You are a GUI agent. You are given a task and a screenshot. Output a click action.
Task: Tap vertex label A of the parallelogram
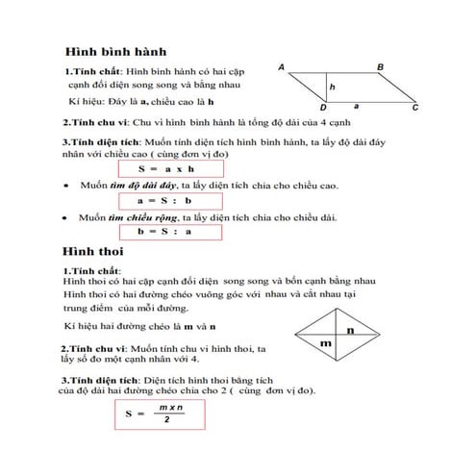pyautogui.click(x=281, y=66)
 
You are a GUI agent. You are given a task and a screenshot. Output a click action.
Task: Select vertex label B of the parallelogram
pyautogui.click(x=381, y=66)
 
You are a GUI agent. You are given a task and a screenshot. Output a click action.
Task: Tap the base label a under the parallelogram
pyautogui.click(x=357, y=108)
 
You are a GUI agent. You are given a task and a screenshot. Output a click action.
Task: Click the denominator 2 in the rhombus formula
pyautogui.click(x=167, y=424)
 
